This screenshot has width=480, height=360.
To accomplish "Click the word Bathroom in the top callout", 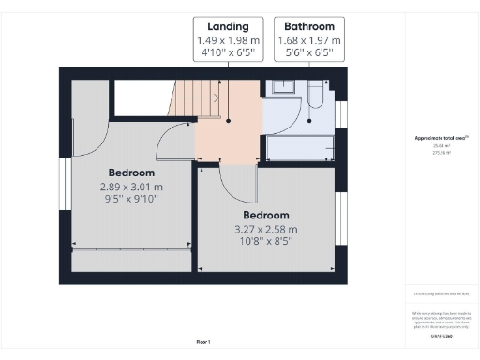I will [309, 27].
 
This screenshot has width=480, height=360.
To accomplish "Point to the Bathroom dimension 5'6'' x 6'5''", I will [309, 55].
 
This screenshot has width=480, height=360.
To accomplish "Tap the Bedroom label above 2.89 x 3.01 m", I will [131, 173].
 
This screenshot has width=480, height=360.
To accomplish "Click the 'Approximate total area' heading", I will [441, 138].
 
